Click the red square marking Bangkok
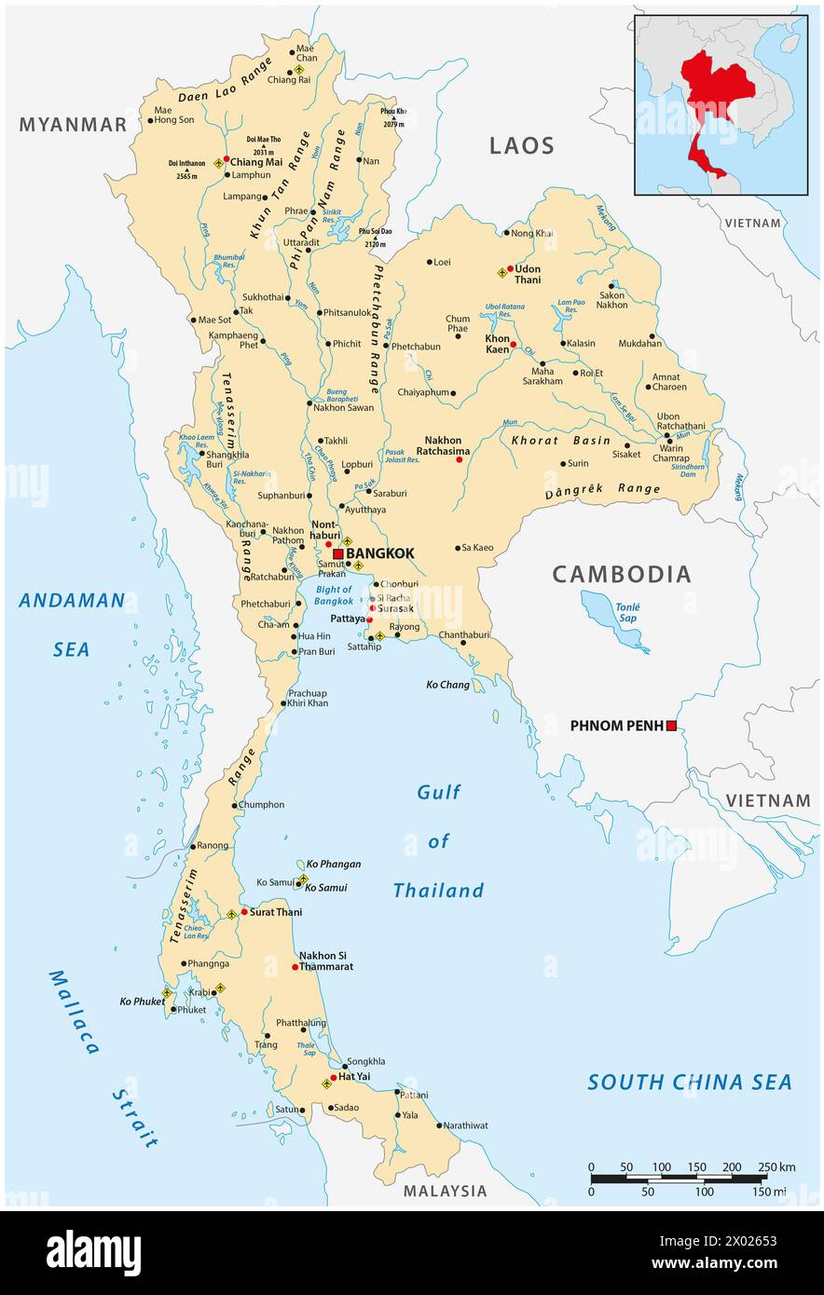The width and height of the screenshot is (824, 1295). [x=337, y=553]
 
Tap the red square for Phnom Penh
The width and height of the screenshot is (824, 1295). [x=670, y=725]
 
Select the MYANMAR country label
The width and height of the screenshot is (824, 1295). [x=73, y=125]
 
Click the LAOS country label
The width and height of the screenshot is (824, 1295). [x=522, y=145]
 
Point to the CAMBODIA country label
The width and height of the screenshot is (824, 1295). [x=622, y=575]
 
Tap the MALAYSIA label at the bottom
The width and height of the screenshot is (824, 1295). [x=445, y=1191]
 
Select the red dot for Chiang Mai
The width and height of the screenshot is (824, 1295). [x=226, y=159]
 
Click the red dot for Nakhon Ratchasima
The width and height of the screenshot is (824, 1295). [x=459, y=459]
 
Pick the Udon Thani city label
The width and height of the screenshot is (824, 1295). [x=528, y=275]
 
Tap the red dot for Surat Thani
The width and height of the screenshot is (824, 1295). [x=244, y=912]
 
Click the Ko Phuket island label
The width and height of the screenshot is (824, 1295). [x=142, y=1002]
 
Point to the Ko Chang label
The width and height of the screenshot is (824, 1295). [x=447, y=685]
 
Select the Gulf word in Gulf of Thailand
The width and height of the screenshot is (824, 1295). [x=439, y=792]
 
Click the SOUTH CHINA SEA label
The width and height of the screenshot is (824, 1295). [x=689, y=1082]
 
